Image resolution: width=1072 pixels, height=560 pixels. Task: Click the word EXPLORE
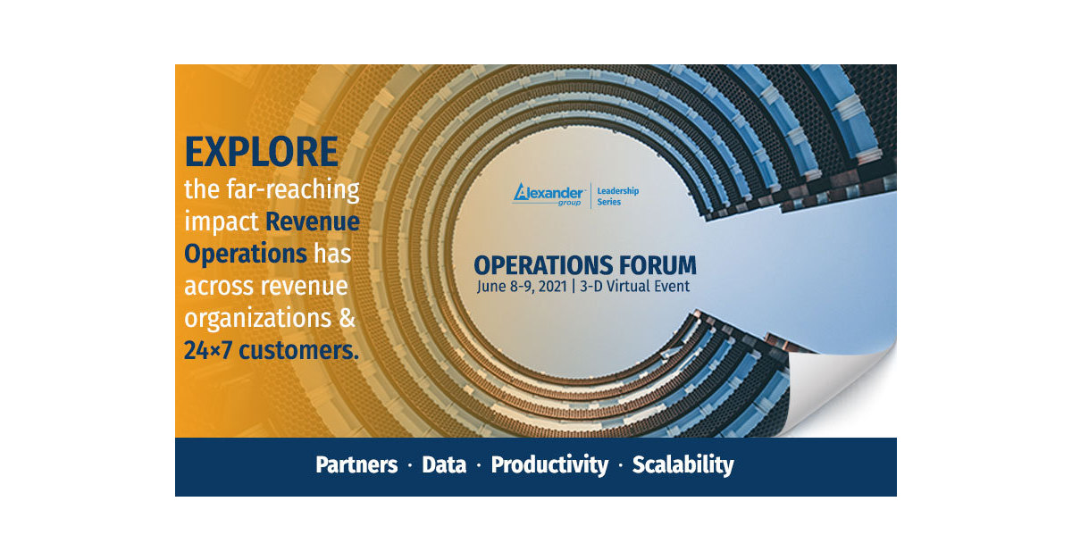coord(261,152)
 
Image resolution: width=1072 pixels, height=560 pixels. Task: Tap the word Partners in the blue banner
coord(356,465)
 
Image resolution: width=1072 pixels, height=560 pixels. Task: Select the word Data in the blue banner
coord(444,465)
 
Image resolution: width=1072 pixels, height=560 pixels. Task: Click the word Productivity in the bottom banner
coord(549,465)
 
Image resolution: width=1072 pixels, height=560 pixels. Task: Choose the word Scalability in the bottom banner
coord(683,465)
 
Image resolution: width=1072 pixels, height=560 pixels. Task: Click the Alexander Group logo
coord(549,194)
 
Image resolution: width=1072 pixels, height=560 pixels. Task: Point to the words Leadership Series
coord(618,196)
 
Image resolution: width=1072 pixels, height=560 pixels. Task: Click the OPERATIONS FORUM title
coord(584,265)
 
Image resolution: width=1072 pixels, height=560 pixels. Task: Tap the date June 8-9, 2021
coord(521,287)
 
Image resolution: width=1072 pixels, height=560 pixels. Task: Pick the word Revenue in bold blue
coord(313,221)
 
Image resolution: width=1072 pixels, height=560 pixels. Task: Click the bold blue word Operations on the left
coord(246,254)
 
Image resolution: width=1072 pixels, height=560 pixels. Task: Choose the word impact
coord(222,221)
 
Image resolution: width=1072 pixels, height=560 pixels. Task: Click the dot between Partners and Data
coord(410,466)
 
